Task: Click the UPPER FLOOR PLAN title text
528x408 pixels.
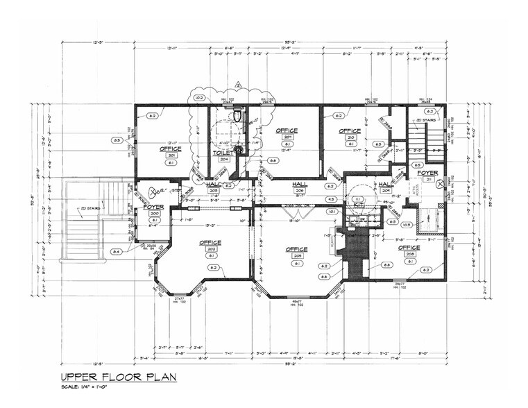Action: [118, 377]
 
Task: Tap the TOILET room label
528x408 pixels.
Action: [222, 152]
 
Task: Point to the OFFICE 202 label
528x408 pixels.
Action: [210, 243]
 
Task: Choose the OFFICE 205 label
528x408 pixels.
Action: [296, 249]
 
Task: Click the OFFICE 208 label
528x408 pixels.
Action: [409, 248]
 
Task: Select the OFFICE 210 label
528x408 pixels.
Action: [350, 130]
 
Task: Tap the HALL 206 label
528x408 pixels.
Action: [300, 184]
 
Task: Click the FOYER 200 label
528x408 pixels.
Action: [153, 207]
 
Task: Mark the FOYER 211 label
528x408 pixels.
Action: [427, 173]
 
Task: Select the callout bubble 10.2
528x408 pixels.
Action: [199, 99]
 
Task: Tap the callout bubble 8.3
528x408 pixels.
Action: [117, 140]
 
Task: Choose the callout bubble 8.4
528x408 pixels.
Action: [116, 251]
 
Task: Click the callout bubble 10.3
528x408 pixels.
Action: [407, 224]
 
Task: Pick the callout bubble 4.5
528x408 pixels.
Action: [331, 200]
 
